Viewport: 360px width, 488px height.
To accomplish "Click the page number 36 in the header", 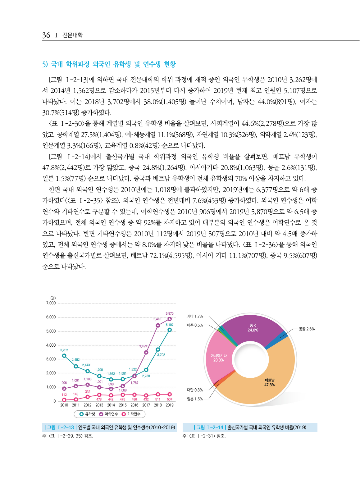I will tap(46, 35).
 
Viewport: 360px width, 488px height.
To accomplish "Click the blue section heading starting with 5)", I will tap(109, 64).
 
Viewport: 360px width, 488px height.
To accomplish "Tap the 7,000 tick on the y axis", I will tap(51, 303).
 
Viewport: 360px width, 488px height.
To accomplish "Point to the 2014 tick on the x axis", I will tap(111, 405).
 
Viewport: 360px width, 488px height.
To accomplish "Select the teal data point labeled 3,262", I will tap(64, 356).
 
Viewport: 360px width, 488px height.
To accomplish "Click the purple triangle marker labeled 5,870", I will tap(170, 319).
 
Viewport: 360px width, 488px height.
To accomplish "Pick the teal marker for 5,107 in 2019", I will tap(170, 330).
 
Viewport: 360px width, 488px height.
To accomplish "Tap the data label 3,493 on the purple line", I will tap(143, 346).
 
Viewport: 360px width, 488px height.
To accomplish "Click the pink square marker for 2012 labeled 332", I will tap(88, 397).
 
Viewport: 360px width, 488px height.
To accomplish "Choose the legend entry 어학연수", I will tap(109, 414).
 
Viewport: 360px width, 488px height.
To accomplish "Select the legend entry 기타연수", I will tap(131, 414).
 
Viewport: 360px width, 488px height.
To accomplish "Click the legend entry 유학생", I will tap(88, 414).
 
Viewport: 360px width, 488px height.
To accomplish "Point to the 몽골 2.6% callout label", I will tap(307, 329).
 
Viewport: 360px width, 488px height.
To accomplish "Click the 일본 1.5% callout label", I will tap(195, 399).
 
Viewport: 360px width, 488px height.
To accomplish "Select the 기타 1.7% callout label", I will tap(195, 316).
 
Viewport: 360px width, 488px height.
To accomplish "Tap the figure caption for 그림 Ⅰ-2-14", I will tap(250, 427).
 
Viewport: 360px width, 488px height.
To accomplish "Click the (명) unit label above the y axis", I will tap(53, 298).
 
